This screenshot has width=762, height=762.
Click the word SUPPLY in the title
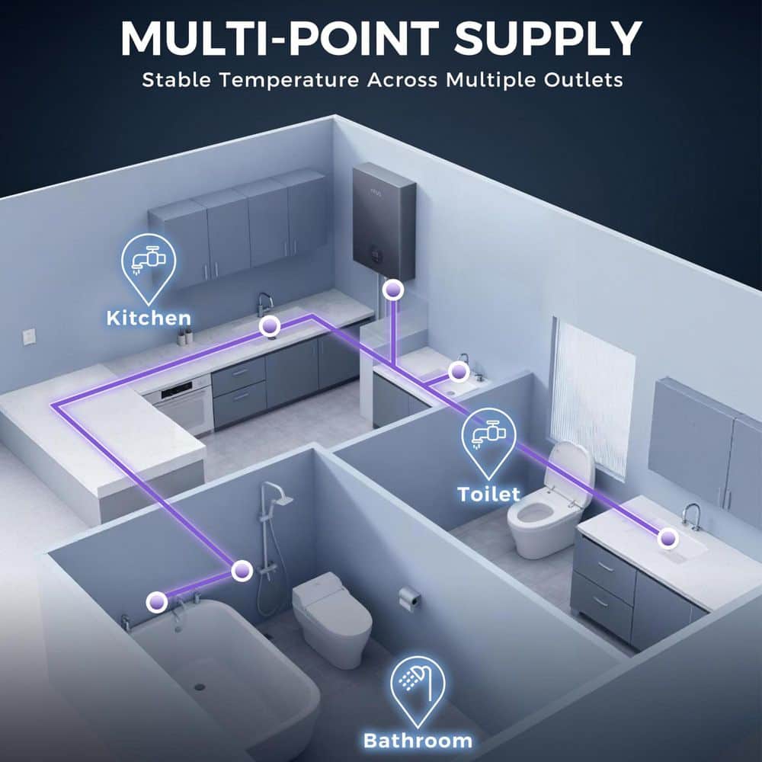click(548, 39)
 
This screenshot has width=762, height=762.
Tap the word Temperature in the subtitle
click(289, 80)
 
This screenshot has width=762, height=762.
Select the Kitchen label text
click(149, 319)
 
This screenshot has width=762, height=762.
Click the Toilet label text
click(489, 495)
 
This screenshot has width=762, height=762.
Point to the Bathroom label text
click(418, 741)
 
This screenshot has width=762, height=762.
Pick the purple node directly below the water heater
click(392, 290)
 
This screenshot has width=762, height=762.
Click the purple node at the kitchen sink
click(269, 325)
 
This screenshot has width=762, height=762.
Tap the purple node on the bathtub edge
click(157, 602)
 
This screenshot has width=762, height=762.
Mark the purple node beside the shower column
click(242, 571)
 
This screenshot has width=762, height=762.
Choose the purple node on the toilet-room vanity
click(668, 538)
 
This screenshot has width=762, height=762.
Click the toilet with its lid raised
click(548, 505)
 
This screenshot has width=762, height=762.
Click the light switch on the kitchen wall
click(29, 336)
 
